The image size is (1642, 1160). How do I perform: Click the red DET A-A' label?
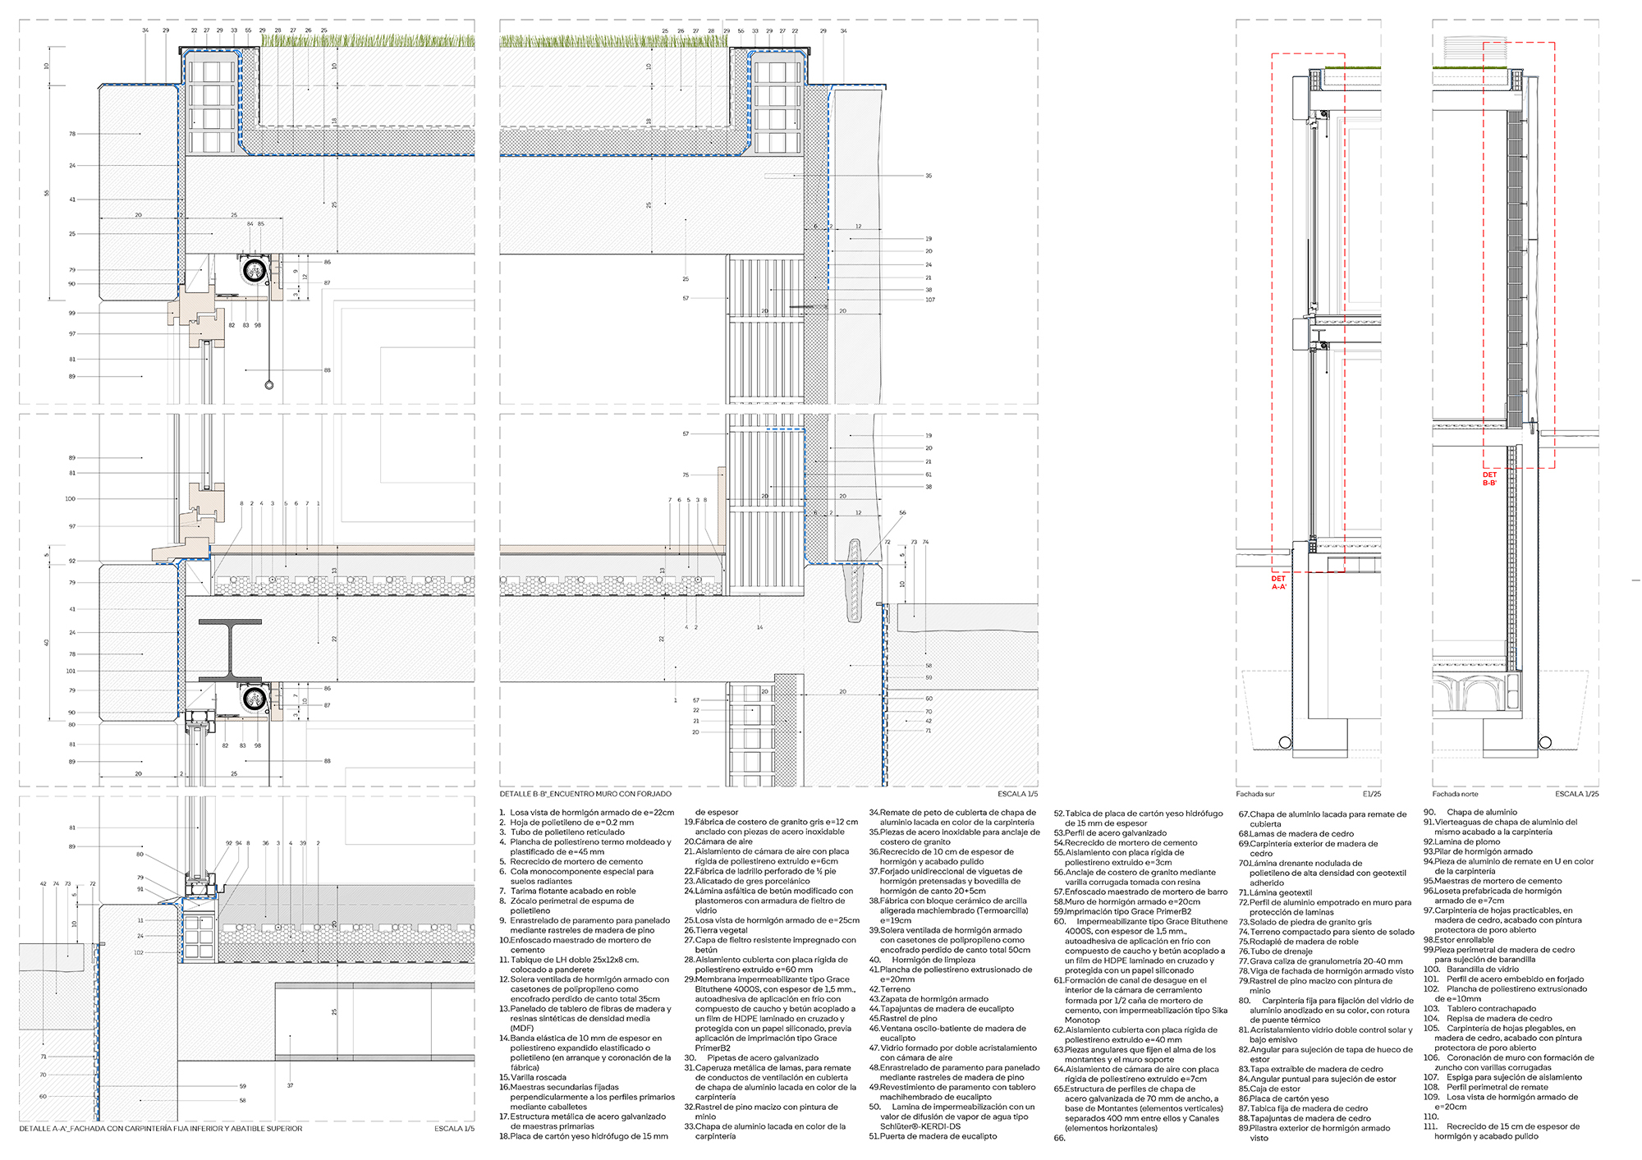pyautogui.click(x=1278, y=583)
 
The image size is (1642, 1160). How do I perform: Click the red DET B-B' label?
pyautogui.click(x=1489, y=479)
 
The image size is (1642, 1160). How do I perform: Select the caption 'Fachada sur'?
pyautogui.click(x=1254, y=794)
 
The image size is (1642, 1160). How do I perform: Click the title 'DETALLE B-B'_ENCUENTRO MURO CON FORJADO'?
pyautogui.click(x=585, y=794)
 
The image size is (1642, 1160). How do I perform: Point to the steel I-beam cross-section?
pyautogui.click(x=231, y=649)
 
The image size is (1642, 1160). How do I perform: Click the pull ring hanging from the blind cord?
pyautogui.click(x=269, y=385)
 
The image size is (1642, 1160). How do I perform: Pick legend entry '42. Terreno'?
pyautogui.click(x=890, y=989)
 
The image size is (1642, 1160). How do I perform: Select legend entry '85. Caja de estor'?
pyautogui.click(x=1269, y=1089)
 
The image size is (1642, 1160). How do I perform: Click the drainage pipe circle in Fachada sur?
pyautogui.click(x=1285, y=742)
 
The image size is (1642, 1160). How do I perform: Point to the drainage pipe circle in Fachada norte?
pyautogui.click(x=1545, y=742)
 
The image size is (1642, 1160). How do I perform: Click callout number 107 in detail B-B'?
pyautogui.click(x=929, y=300)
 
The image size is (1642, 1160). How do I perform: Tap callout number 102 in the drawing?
pyautogui.click(x=139, y=953)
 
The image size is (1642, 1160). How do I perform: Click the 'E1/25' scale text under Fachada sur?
pyautogui.click(x=1371, y=794)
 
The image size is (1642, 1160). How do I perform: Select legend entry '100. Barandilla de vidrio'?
pyautogui.click(x=1471, y=970)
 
